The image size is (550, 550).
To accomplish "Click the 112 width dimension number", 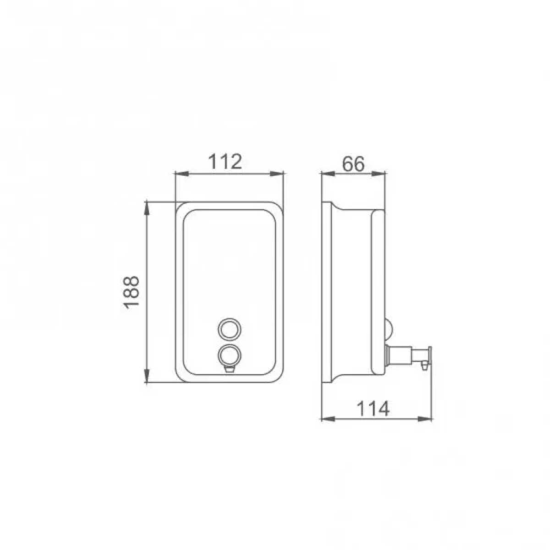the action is pyautogui.click(x=225, y=161).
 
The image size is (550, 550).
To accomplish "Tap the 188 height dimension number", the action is pyautogui.click(x=131, y=291).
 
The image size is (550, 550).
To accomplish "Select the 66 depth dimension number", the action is pyautogui.click(x=353, y=164).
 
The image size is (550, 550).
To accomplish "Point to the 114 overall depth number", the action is pyautogui.click(x=373, y=409).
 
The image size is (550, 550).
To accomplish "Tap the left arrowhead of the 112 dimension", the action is pyautogui.click(x=182, y=174).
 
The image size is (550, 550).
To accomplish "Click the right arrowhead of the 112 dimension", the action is pyautogui.click(x=277, y=174).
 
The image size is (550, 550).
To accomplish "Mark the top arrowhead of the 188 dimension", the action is pyautogui.click(x=147, y=209).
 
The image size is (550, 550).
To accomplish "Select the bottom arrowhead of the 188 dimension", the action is pyautogui.click(x=147, y=375).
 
